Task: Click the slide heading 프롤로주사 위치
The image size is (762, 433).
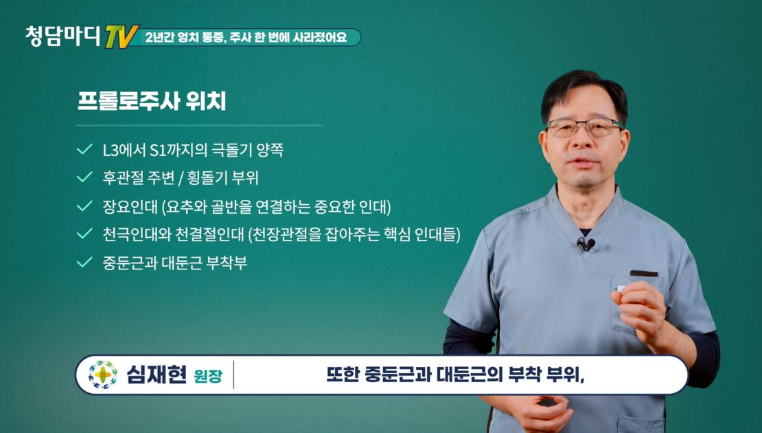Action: [152, 101]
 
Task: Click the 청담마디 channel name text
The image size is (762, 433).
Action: [63, 36]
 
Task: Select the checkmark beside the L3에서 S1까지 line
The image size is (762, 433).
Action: [84, 149]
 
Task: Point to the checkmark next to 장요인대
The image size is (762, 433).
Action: [84, 206]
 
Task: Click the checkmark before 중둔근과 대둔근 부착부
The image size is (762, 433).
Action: [84, 263]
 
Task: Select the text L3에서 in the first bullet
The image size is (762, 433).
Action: [124, 149]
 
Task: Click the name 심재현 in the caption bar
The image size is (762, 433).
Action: [157, 375]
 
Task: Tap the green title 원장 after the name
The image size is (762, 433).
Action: [208, 376]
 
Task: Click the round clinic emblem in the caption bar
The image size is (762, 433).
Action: [102, 375]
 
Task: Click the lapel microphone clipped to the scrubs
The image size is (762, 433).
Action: [586, 243]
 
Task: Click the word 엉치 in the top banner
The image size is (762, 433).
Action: [187, 38]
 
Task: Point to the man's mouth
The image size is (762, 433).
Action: [583, 162]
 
